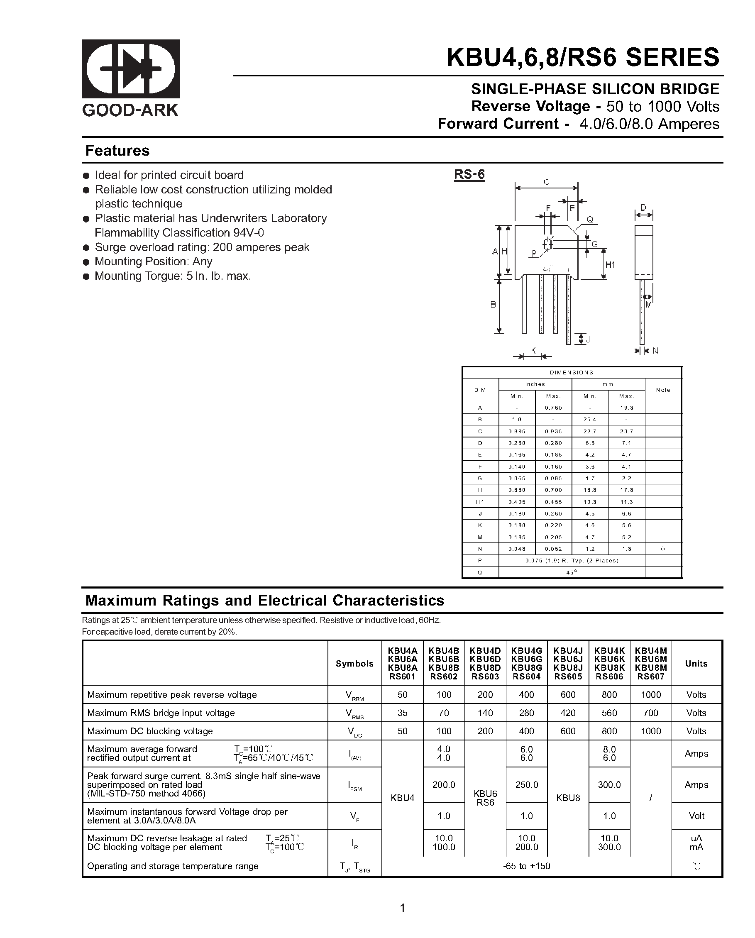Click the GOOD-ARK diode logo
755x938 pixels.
[131, 69]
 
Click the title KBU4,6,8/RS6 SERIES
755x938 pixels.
[583, 57]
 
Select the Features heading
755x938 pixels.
[117, 151]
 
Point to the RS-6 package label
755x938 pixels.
[469, 174]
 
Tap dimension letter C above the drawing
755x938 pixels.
[546, 182]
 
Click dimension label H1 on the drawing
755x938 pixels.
[610, 264]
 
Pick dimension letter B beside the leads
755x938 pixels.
[493, 305]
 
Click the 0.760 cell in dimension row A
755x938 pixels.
[553, 408]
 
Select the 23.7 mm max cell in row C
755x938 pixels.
[626, 431]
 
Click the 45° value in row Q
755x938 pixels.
[572, 572]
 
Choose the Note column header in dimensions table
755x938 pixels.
[663, 390]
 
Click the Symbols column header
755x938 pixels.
[354, 664]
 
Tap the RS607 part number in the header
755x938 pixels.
[650, 677]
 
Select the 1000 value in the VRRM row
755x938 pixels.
[650, 695]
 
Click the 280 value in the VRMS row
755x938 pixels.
[526, 713]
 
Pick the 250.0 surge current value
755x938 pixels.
[526, 785]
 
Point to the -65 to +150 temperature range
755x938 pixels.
[526, 866]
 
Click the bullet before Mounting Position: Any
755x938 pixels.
[86, 262]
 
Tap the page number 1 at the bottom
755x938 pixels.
[402, 908]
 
